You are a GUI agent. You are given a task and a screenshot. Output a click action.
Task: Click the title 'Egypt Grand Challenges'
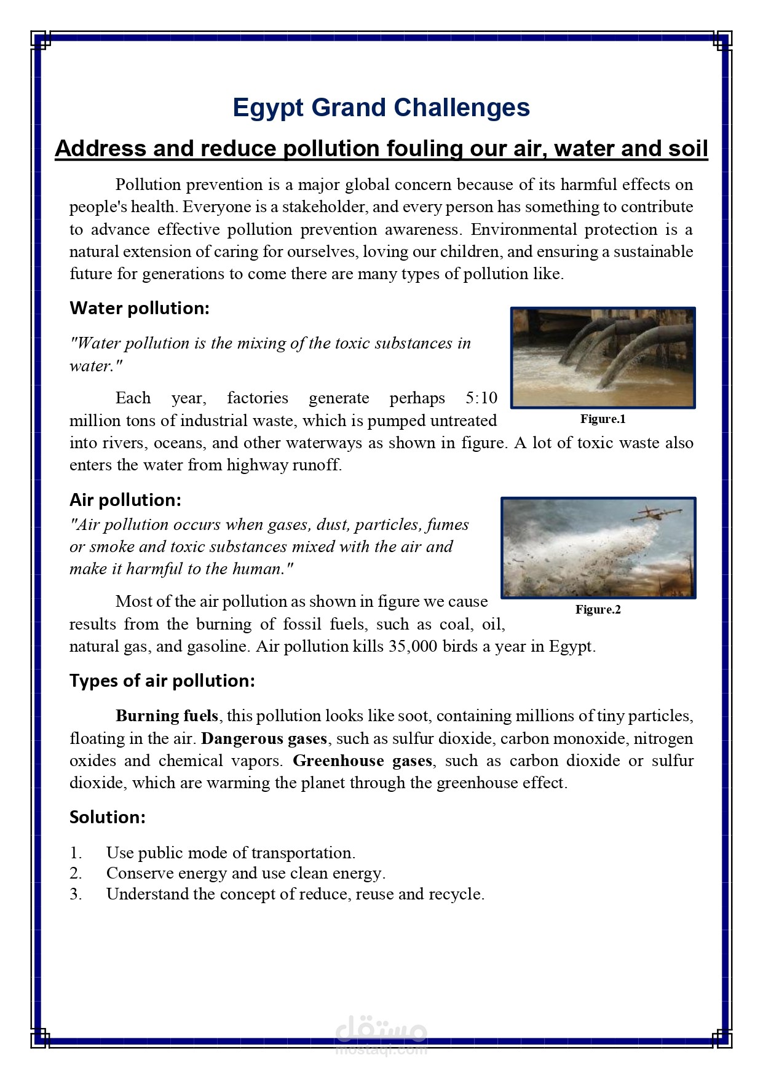pyautogui.click(x=381, y=108)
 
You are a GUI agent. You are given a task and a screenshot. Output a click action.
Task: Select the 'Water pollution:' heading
pyautogui.click(x=140, y=308)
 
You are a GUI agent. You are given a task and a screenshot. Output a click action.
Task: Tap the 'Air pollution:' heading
pyautogui.click(x=125, y=500)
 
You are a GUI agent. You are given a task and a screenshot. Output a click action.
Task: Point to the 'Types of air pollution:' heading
pyautogui.click(x=162, y=681)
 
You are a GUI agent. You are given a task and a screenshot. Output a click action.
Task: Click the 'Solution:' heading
pyautogui.click(x=108, y=817)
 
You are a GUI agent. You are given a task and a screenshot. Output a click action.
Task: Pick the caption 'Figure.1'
pyautogui.click(x=603, y=419)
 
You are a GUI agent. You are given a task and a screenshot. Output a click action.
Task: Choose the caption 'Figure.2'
pyautogui.click(x=598, y=609)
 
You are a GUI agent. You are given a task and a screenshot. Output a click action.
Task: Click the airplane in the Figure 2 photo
pyautogui.click(x=660, y=513)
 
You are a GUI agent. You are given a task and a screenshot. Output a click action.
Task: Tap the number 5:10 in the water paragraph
pyautogui.click(x=481, y=398)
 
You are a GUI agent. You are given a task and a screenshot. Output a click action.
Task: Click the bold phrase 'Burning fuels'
pyautogui.click(x=167, y=716)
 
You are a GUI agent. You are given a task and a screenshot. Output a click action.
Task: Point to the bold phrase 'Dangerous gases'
pyautogui.click(x=264, y=738)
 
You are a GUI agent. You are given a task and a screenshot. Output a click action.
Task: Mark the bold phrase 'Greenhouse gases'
pyautogui.click(x=362, y=761)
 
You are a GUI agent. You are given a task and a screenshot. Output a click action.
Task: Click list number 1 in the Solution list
pyautogui.click(x=76, y=853)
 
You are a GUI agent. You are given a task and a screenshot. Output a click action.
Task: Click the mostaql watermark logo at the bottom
pyautogui.click(x=381, y=1035)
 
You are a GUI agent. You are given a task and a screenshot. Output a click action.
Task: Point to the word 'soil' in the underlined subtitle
pyautogui.click(x=687, y=148)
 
